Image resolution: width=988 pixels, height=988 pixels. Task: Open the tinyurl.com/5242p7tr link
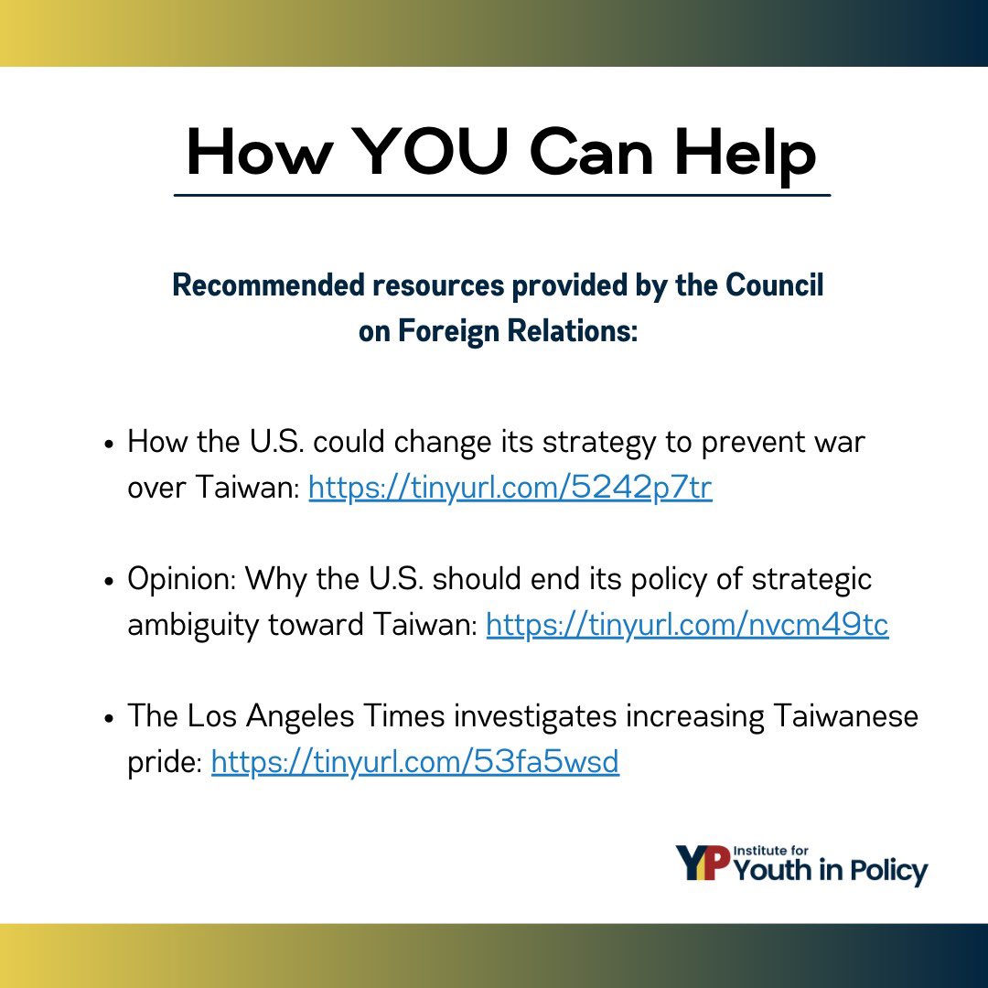[x=510, y=489]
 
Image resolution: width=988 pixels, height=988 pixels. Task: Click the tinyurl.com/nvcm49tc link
[x=687, y=626]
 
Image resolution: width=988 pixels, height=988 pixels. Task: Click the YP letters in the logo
[x=703, y=864]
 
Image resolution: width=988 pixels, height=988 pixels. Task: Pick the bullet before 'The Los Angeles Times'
[x=109, y=718]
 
